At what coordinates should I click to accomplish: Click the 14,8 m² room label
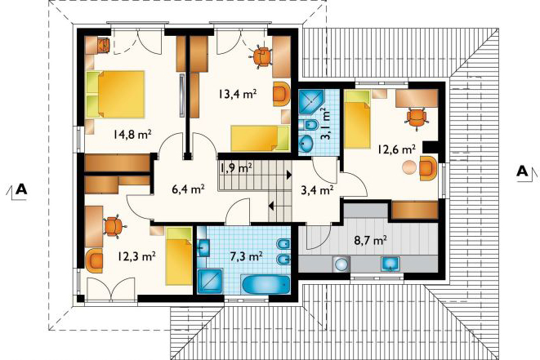coord(132,134)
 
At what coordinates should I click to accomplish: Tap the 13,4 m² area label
coord(237,93)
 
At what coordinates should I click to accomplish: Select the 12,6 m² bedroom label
coord(396,149)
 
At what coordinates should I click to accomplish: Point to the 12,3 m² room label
coord(136,256)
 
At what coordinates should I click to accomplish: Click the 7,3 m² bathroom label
coord(246,256)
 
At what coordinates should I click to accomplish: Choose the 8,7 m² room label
coord(370,240)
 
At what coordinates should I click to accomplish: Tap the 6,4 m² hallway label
coord(189,189)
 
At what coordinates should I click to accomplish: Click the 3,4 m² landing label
coord(317,189)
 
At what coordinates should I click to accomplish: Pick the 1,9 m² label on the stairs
coord(236,168)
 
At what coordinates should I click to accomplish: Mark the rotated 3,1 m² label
coord(325,123)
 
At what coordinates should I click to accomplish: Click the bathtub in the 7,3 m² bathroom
coord(266,284)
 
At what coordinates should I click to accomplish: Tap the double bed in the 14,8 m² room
coord(115,95)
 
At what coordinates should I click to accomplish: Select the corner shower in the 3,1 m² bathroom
coord(311,102)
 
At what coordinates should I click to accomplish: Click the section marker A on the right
coord(523,171)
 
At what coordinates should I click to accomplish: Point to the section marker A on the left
coord(21,189)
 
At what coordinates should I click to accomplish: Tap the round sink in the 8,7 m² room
coord(341,264)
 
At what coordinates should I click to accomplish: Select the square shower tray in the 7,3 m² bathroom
coord(210,281)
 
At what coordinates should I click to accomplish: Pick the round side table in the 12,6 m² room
coord(409,167)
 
